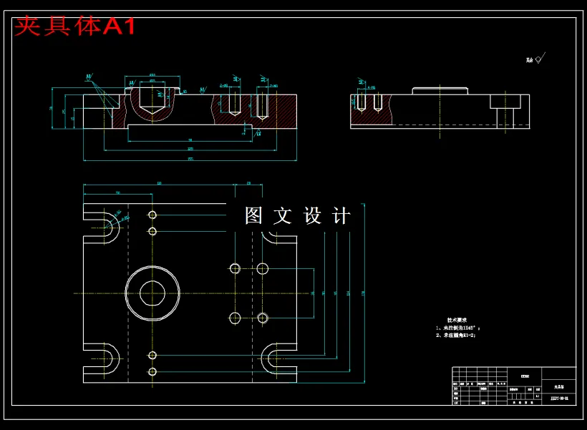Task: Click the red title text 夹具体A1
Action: [x=74, y=26]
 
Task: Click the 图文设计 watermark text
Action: [x=297, y=216]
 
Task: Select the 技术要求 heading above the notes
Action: [x=457, y=321]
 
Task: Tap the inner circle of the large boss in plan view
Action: [x=152, y=293]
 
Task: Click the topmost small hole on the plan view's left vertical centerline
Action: [x=152, y=215]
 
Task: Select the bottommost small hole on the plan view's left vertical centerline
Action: [x=152, y=371]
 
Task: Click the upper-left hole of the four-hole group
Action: [x=235, y=268]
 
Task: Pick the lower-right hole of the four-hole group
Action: [x=263, y=318]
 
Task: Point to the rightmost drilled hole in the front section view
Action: [x=262, y=107]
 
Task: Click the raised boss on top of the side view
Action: [x=440, y=90]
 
